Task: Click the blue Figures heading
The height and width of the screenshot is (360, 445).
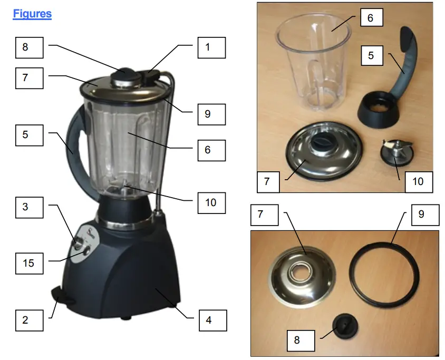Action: (x=32, y=14)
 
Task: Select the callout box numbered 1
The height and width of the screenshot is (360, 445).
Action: (x=211, y=47)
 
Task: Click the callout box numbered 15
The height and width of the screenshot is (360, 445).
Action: (x=28, y=262)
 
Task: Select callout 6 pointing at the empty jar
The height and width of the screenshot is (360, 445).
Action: (x=370, y=18)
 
